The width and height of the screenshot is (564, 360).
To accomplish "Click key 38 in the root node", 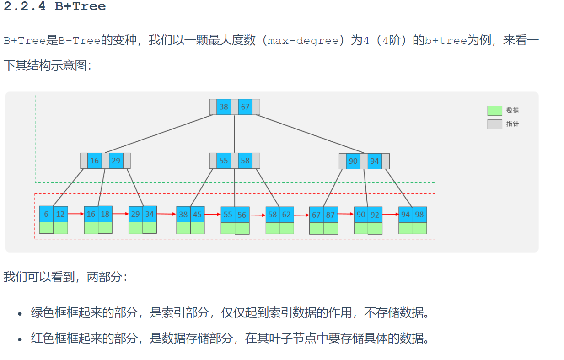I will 224,107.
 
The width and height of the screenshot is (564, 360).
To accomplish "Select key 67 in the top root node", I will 245,107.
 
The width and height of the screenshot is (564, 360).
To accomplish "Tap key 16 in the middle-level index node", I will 94,161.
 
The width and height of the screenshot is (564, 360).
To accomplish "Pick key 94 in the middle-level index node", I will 375,161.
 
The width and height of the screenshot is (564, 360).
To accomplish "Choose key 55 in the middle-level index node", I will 224,161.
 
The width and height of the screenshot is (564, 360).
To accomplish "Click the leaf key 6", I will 46,214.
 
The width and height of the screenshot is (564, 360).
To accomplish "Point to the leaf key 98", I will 419,214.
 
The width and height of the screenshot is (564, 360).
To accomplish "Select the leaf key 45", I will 197,214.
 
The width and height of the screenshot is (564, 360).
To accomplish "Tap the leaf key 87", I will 330,215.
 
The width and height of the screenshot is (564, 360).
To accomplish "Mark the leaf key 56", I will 242,215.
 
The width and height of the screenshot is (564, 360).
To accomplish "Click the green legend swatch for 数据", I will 494,111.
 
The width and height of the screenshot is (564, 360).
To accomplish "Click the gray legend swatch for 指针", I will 494,124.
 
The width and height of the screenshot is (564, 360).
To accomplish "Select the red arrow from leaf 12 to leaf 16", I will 76,214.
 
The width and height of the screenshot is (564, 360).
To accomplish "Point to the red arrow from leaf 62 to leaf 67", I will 301,215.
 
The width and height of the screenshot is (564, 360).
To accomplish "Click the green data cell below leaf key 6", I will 46,228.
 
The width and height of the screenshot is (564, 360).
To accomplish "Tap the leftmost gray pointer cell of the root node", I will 213,107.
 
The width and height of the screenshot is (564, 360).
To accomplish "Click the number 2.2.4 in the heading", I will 25,6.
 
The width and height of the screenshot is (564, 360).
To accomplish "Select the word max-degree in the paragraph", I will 303,40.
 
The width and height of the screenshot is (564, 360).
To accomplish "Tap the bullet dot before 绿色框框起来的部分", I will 20,314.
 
